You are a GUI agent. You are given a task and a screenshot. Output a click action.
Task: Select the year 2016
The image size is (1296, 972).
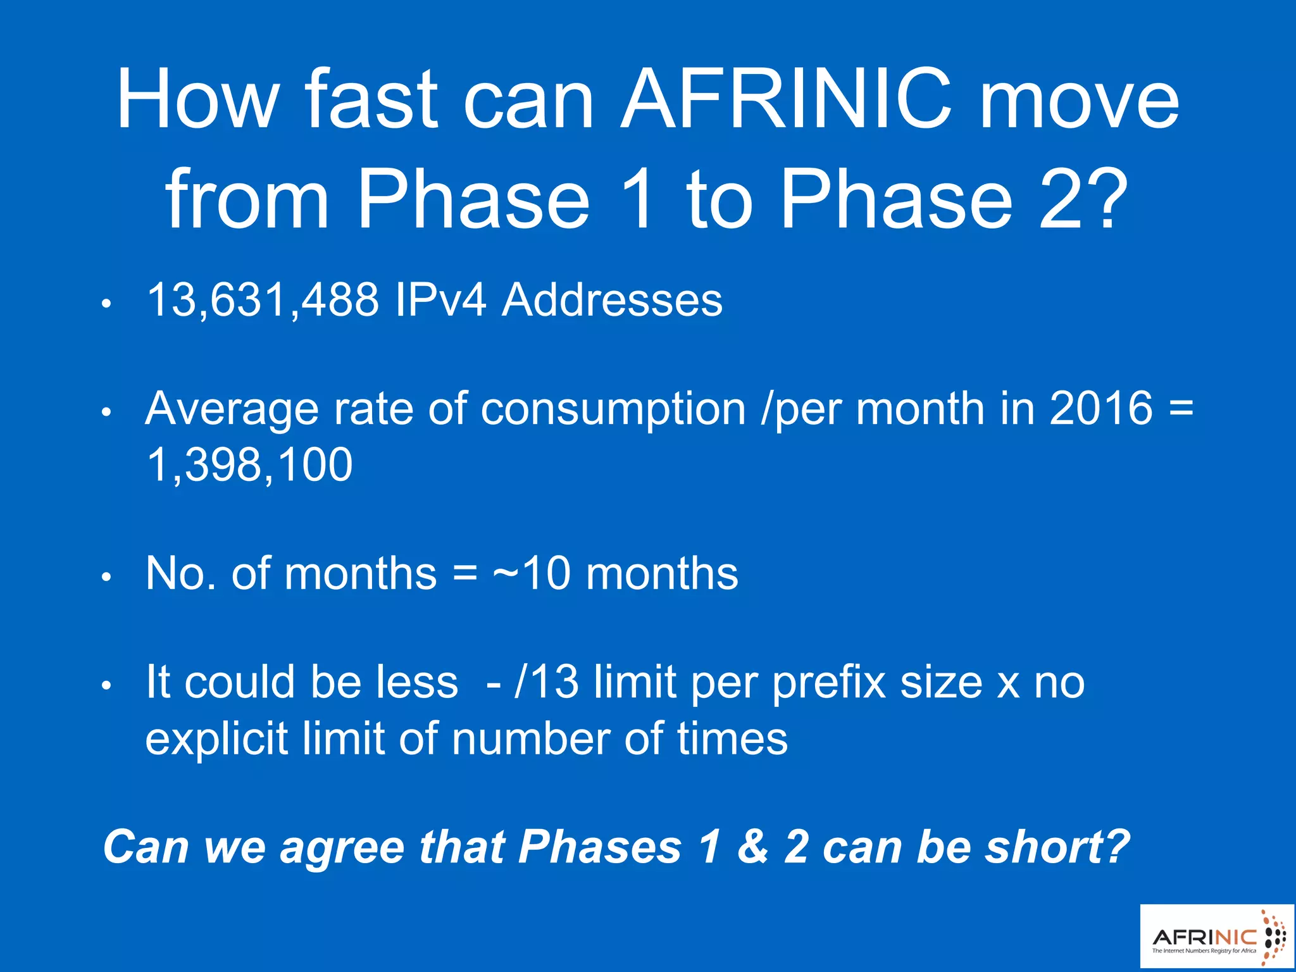tap(1101, 408)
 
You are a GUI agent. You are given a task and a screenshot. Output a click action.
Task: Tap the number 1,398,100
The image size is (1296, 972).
tap(249, 465)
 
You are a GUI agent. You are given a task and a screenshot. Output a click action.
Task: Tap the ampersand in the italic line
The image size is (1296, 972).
tap(752, 847)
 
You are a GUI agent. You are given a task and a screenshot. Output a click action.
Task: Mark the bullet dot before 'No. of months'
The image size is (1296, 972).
tap(107, 576)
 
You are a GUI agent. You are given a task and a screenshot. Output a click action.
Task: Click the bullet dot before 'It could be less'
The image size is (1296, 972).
tap(107, 685)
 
